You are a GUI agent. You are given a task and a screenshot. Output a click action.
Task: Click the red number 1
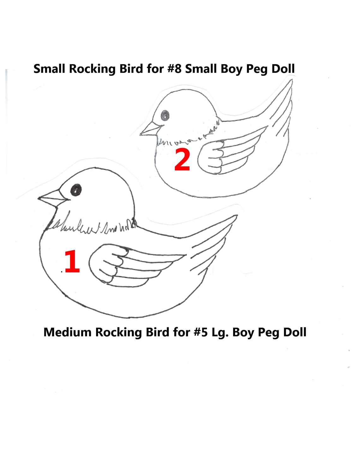point(72,261)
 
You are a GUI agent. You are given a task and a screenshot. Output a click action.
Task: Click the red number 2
point(182,160)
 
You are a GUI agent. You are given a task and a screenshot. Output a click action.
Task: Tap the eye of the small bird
point(165,116)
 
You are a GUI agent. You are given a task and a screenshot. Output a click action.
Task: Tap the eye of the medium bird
point(76,190)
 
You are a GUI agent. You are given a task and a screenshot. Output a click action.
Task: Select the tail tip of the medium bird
point(235,217)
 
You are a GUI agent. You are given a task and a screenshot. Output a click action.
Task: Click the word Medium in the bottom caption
point(67,332)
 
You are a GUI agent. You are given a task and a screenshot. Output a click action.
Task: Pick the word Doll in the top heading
point(283,69)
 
